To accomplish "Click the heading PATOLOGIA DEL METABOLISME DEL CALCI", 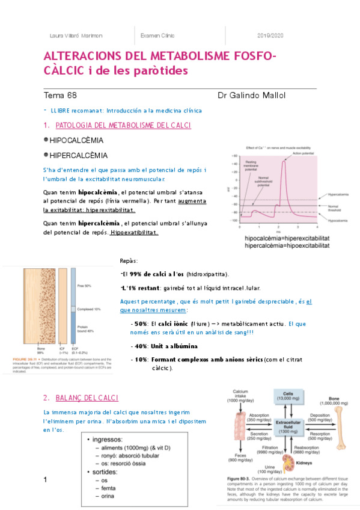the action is (x=123, y=125).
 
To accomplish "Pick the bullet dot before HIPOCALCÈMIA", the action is (x=46, y=140).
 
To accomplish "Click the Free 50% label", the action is (x=85, y=286).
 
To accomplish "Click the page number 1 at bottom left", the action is (x=45, y=480).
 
